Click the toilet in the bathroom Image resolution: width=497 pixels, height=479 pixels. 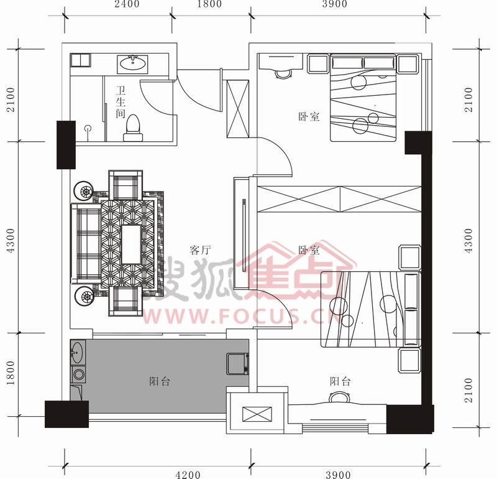coord(133,128)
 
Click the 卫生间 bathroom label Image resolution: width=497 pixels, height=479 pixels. coord(121,102)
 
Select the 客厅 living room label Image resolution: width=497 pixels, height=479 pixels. coord(200,250)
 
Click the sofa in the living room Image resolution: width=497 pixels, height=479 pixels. coord(86,243)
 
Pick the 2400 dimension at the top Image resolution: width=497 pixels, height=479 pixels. coord(127,4)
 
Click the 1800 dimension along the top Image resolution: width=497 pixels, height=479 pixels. coord(210,4)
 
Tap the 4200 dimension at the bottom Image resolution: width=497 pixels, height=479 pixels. coord(188,475)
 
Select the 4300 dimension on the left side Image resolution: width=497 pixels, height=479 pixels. coord(11,240)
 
